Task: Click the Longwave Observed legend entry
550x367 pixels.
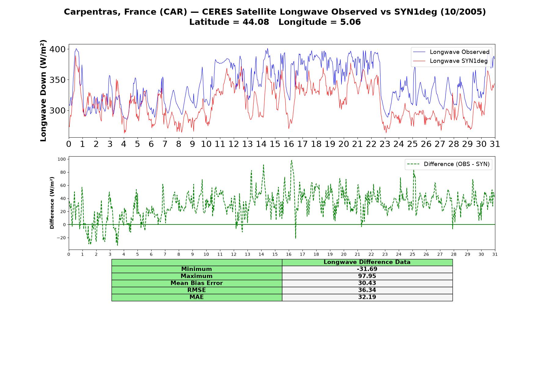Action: coord(451,52)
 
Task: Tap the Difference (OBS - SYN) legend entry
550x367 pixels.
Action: coord(448,164)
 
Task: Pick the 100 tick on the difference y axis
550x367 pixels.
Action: coord(61,159)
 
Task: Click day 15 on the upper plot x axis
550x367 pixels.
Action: coord(275,144)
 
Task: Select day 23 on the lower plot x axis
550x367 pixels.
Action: coord(385,254)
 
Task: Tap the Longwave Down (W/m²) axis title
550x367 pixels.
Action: coord(43,91)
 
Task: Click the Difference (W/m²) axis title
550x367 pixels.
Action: coord(52,203)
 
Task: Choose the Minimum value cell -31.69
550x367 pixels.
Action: coord(367,269)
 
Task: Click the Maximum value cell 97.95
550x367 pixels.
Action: coord(367,276)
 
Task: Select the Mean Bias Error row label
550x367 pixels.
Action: coord(196,283)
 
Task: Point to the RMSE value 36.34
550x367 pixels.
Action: coord(367,290)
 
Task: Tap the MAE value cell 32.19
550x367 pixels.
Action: coord(367,297)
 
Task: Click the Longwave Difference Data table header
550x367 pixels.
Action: coord(367,262)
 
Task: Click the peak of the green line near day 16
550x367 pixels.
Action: coord(291,160)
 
